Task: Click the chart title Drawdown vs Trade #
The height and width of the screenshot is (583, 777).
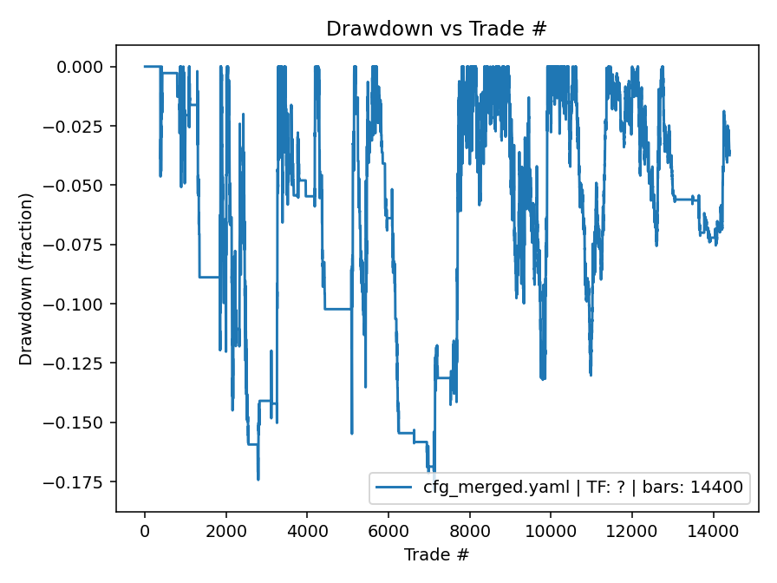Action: click(x=436, y=29)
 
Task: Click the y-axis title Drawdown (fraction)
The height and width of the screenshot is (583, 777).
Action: click(x=26, y=278)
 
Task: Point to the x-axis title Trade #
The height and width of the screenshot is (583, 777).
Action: click(x=436, y=554)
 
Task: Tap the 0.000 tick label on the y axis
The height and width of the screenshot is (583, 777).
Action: click(x=80, y=67)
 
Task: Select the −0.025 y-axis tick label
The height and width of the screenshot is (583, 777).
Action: click(x=75, y=126)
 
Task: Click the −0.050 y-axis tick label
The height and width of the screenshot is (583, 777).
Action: click(x=75, y=186)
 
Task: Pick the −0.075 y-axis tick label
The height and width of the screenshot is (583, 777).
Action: click(x=75, y=245)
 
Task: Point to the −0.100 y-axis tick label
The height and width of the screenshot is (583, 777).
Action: click(x=75, y=304)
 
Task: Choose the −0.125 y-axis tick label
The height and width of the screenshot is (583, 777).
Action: click(x=75, y=364)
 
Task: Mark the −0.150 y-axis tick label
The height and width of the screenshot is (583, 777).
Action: click(x=75, y=423)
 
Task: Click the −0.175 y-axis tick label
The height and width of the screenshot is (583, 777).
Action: click(x=75, y=481)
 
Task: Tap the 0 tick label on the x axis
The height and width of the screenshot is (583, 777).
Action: click(x=145, y=528)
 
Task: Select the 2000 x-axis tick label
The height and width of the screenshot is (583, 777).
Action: click(x=226, y=528)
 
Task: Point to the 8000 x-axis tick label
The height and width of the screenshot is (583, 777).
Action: click(x=470, y=528)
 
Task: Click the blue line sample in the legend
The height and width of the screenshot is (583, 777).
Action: click(x=395, y=488)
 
